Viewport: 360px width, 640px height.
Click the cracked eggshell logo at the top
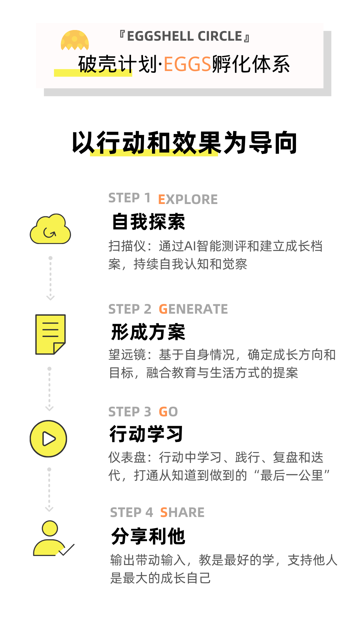75,40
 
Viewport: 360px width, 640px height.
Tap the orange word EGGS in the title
187,64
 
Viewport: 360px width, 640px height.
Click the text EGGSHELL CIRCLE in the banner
184,36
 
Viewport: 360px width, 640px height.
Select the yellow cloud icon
50,229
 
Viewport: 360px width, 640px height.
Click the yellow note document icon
50,334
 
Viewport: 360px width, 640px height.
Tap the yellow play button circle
48,439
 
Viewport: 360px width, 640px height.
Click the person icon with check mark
52,539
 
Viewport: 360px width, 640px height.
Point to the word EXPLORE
188,199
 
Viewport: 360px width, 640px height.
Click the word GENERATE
193,309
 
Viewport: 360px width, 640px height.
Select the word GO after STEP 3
168,412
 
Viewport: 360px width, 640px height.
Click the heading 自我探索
148,222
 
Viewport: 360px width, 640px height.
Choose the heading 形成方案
148,332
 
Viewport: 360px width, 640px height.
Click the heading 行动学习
146,434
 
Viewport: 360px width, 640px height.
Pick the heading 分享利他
148,536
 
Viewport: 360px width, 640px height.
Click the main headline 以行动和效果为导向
184,143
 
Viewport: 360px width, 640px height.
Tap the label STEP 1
129,198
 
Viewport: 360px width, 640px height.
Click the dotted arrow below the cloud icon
50,278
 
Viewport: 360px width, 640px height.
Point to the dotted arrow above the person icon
49,490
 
